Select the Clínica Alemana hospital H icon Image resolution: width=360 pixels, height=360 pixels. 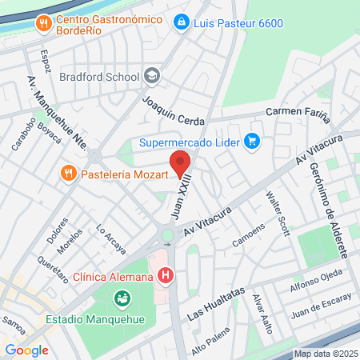[x=166, y=277]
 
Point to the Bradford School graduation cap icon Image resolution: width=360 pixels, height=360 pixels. [x=151, y=77]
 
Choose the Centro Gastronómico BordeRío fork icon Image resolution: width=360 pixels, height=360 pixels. [x=42, y=24]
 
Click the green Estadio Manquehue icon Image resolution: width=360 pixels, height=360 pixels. [x=122, y=300]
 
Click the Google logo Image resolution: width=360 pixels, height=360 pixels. [x=26, y=350]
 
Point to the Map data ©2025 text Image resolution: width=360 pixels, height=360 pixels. [x=324, y=354]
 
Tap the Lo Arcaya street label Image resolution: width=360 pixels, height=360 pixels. [x=111, y=238]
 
